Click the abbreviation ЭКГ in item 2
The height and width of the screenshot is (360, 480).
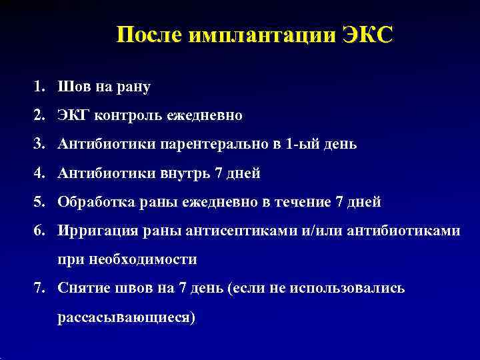click(73, 115)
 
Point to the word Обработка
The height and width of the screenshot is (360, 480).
click(93, 202)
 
